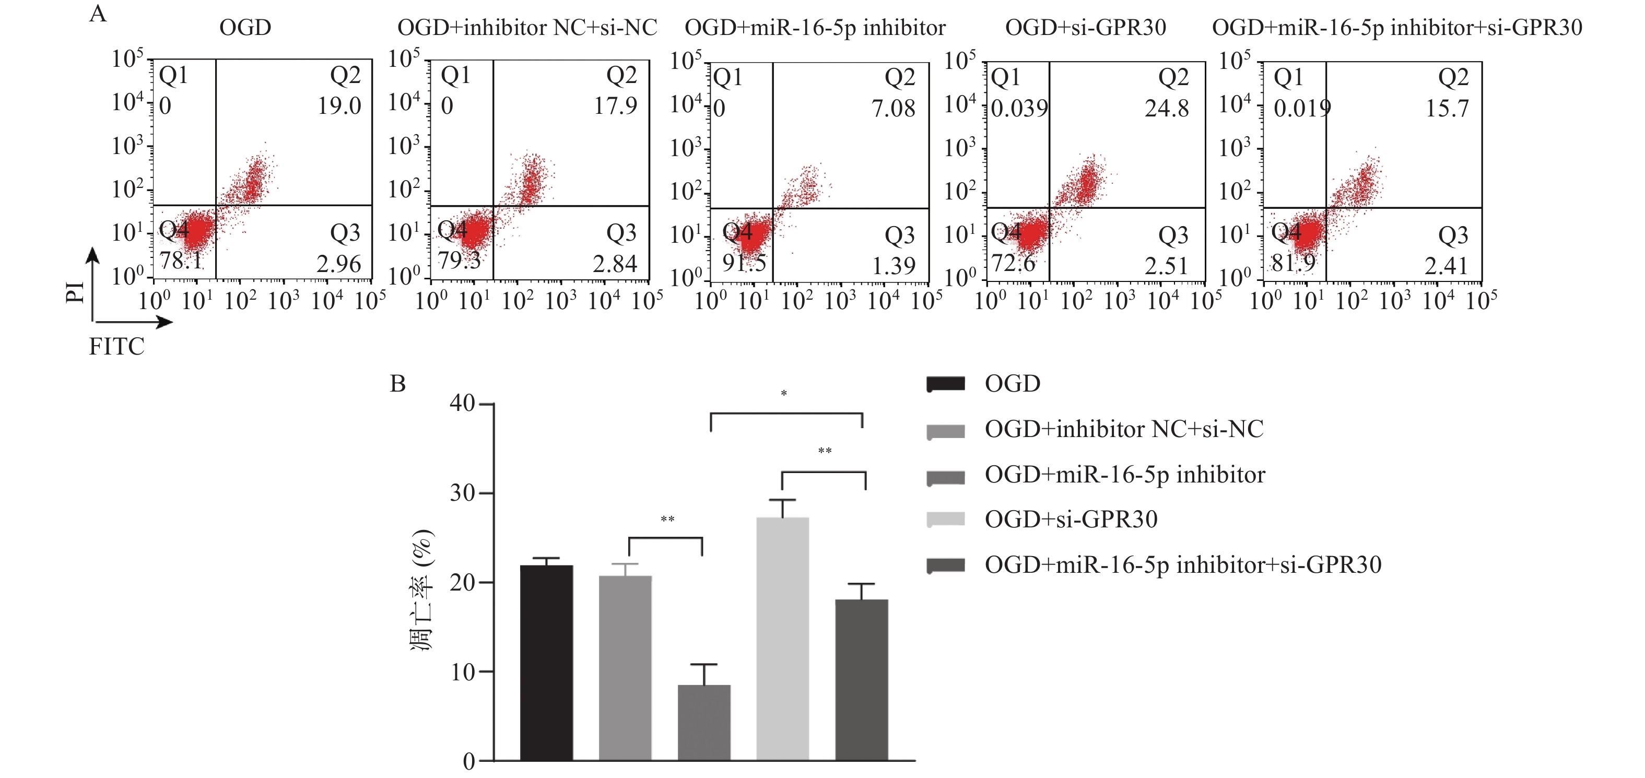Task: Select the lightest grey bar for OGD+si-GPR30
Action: tap(782, 639)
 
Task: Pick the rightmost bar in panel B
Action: tap(862, 680)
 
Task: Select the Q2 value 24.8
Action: tap(1166, 109)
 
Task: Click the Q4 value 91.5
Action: tap(744, 263)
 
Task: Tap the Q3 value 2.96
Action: tap(338, 264)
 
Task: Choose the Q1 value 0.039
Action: tap(1019, 109)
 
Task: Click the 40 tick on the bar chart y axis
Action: tap(462, 404)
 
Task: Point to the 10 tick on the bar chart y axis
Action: tap(462, 672)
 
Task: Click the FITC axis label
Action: tap(116, 347)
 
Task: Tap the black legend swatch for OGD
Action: tap(945, 384)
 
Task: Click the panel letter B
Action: tap(398, 384)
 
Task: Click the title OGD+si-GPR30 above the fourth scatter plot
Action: tap(1085, 28)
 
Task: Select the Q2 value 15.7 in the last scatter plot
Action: tap(1447, 109)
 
